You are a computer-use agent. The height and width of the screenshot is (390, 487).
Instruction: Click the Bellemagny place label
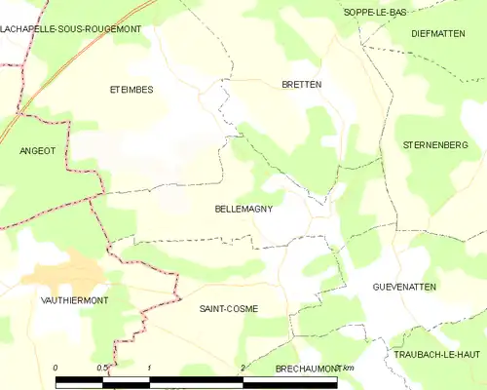point(243,209)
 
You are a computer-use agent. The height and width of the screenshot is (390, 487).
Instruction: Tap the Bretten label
point(301,85)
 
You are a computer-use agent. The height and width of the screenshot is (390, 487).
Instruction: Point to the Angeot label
point(38,151)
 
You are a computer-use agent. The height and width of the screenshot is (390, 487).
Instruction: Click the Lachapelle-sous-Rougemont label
point(70,29)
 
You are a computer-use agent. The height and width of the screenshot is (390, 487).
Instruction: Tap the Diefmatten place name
point(441,32)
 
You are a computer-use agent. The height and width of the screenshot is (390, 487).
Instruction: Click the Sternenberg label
point(435,144)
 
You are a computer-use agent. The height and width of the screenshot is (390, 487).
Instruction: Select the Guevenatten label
point(404,287)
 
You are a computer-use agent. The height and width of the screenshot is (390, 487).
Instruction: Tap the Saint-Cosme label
point(228,308)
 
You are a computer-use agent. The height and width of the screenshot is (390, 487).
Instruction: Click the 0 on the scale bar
point(56,368)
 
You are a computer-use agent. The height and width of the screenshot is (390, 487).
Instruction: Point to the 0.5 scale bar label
point(101,368)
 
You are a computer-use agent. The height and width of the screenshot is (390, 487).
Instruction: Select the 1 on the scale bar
point(149,368)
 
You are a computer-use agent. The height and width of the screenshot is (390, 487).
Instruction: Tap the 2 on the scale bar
point(242,368)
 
